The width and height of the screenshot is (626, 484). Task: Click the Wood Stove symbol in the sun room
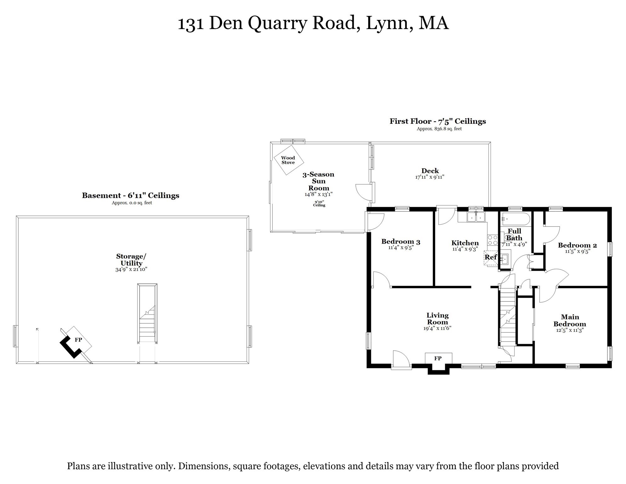pyautogui.click(x=288, y=160)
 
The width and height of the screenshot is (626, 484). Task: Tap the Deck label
pyautogui.click(x=430, y=171)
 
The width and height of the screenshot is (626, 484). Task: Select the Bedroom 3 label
pyautogui.click(x=401, y=242)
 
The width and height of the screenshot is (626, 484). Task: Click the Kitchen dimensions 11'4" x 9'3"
pyautogui.click(x=465, y=249)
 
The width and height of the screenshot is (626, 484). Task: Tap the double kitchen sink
pyautogui.click(x=476, y=217)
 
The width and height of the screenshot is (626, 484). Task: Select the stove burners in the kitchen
pyautogui.click(x=492, y=240)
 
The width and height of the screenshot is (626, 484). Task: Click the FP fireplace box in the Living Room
pyautogui.click(x=438, y=358)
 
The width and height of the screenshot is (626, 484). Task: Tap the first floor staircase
pyautogui.click(x=507, y=318)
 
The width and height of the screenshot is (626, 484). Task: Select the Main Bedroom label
pyautogui.click(x=570, y=320)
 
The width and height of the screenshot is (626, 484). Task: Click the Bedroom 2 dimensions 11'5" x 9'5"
pyautogui.click(x=577, y=251)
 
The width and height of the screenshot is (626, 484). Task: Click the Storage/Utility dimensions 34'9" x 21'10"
pyautogui.click(x=131, y=269)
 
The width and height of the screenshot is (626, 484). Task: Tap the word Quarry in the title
pyautogui.click(x=277, y=23)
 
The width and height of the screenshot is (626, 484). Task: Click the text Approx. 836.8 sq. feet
pyautogui.click(x=439, y=129)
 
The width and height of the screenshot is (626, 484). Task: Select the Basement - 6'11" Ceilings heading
pyautogui.click(x=130, y=195)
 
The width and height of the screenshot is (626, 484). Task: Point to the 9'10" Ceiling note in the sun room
pyautogui.click(x=319, y=204)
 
